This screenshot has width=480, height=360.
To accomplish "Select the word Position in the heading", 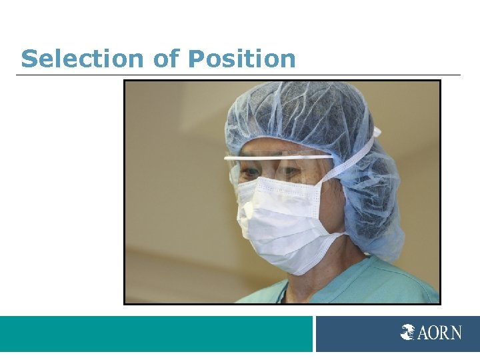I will [x=241, y=59].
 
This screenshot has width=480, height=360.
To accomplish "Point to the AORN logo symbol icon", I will [x=408, y=332].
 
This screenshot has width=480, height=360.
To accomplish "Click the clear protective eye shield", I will [x=280, y=170].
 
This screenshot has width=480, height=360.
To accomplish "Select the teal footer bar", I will [x=156, y=333].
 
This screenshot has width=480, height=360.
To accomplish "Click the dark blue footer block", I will [x=360, y=333].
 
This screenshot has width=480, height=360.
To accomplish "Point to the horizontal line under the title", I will [x=238, y=75].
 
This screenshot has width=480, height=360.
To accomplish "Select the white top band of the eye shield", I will [x=280, y=158].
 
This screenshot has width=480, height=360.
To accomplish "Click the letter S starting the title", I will [x=28, y=59].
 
